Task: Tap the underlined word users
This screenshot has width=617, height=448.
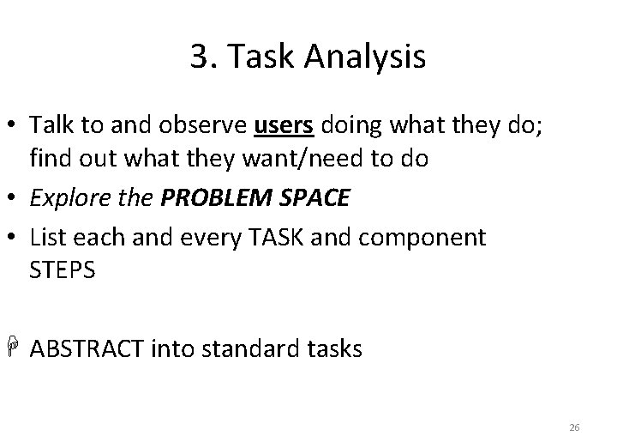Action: (285, 126)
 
